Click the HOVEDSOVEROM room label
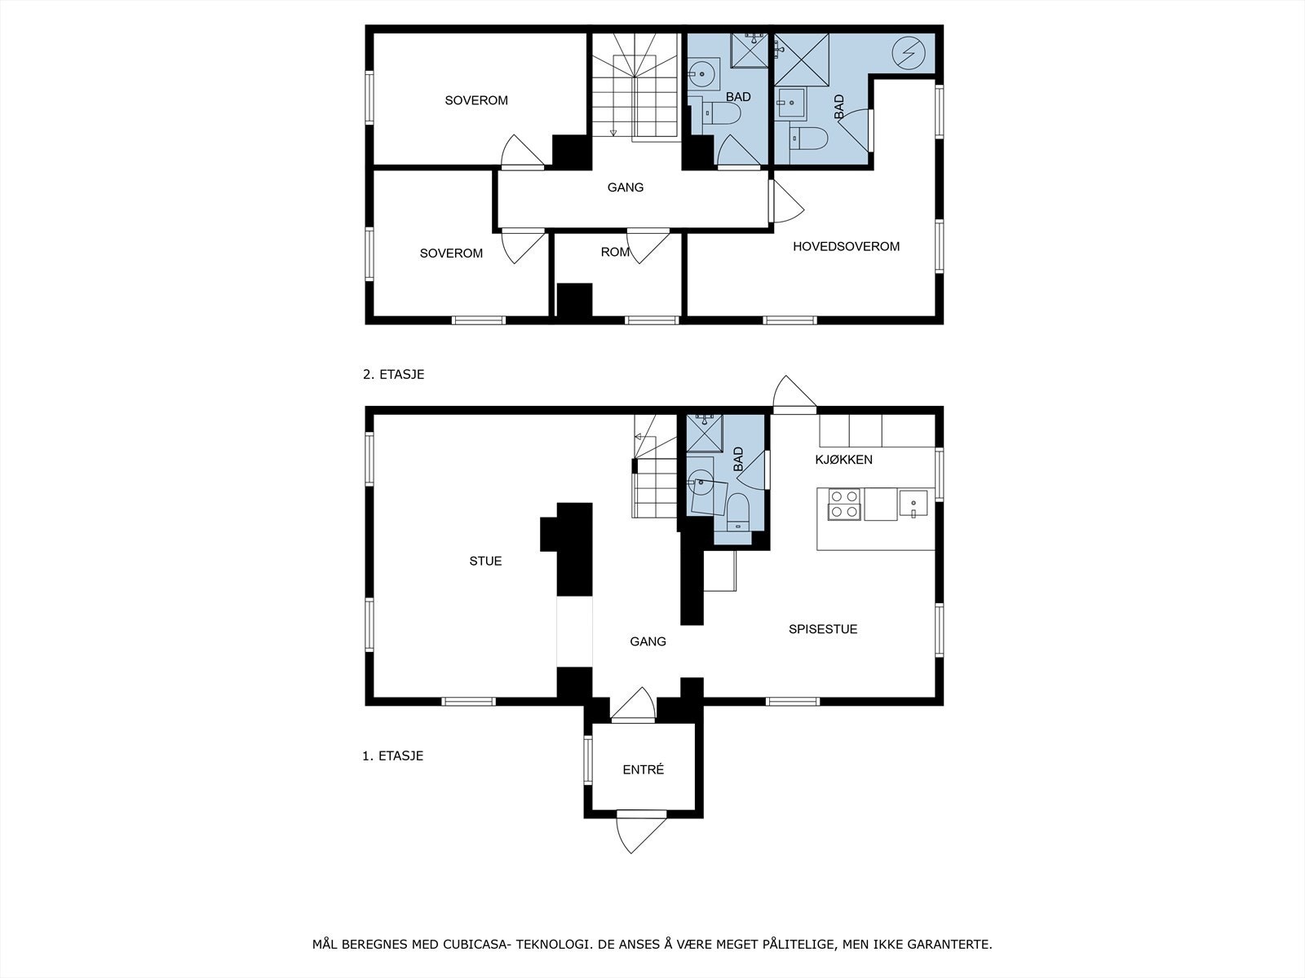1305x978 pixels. [846, 246]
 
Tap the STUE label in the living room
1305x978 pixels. [485, 561]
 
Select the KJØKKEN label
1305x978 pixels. [843, 460]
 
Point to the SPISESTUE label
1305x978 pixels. [822, 629]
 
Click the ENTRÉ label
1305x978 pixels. [643, 769]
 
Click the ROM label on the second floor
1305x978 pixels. [614, 253]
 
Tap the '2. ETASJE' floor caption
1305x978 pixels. [393, 375]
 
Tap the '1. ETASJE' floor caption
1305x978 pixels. [392, 756]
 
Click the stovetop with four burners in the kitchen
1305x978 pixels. [843, 504]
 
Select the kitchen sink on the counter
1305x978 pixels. [913, 504]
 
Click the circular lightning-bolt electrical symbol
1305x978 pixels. [909, 53]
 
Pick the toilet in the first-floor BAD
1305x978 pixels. [738, 509]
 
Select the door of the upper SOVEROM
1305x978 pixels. [522, 152]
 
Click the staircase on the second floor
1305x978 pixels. [635, 86]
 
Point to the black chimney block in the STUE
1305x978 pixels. [573, 548]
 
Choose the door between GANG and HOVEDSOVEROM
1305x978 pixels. [785, 201]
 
